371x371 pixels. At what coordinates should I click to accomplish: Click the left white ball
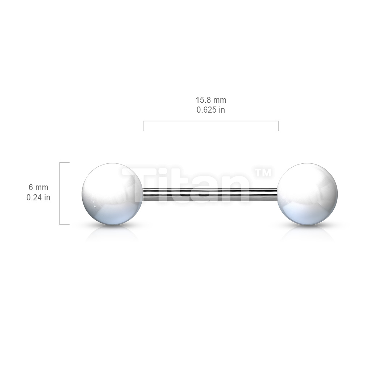tap(112, 194)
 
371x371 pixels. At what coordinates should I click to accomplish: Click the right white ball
tap(307, 194)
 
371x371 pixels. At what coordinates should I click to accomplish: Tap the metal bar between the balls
tap(210, 194)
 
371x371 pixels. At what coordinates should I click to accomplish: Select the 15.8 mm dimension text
tap(211, 100)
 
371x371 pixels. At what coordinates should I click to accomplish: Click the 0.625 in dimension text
tap(211, 110)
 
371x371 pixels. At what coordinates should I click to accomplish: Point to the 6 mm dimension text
tap(38, 187)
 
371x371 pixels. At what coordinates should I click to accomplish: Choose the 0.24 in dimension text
tap(38, 197)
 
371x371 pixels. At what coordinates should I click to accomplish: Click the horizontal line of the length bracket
tap(210, 121)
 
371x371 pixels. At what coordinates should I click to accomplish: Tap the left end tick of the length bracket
tap(143, 126)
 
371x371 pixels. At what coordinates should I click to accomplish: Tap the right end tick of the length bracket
tap(278, 126)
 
